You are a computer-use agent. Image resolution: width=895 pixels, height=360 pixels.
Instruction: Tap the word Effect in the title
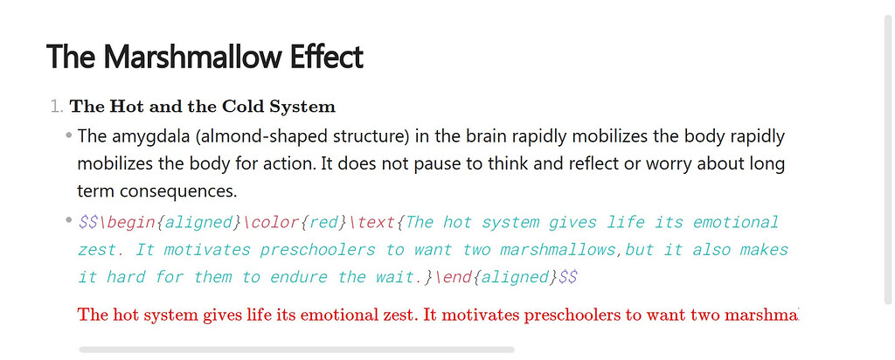click(x=327, y=57)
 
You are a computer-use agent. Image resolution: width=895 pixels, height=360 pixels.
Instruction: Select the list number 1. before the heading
click(x=57, y=107)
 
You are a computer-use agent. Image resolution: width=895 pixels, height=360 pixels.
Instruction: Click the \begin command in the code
click(x=128, y=222)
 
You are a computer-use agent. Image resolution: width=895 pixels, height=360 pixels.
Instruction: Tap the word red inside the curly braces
click(x=324, y=223)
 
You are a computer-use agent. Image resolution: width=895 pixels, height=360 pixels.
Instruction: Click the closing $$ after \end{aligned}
click(x=568, y=277)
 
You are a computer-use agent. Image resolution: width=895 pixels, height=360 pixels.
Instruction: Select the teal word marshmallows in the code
click(x=558, y=250)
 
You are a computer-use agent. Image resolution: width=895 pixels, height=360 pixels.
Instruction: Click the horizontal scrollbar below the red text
click(x=297, y=350)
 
